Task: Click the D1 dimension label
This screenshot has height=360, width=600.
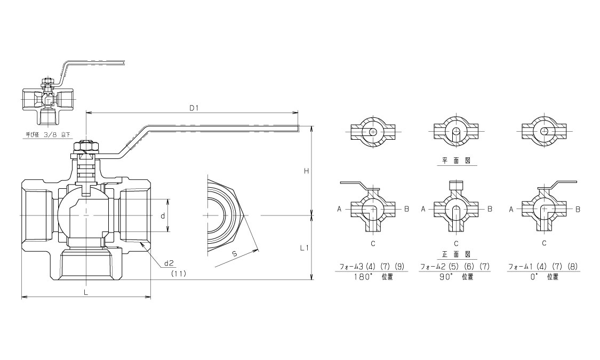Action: (x=194, y=108)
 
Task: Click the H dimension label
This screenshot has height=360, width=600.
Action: (x=306, y=171)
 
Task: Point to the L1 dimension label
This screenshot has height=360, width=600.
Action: (x=304, y=248)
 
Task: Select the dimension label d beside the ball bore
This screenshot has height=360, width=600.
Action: (x=163, y=216)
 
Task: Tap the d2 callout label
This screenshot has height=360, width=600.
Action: (x=169, y=263)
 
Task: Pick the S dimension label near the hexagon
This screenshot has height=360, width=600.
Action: (x=235, y=254)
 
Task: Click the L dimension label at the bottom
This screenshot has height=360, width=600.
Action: (x=86, y=292)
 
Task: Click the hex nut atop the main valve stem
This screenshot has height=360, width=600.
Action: (x=86, y=147)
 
